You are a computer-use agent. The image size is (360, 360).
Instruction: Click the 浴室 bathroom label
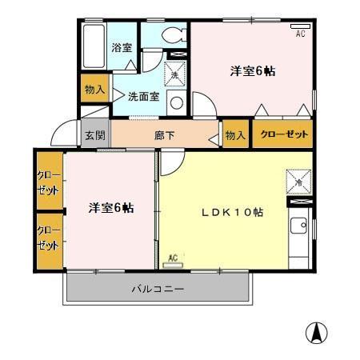click(122, 48)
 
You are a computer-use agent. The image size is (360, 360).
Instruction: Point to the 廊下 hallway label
click(165, 135)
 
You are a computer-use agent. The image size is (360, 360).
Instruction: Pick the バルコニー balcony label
click(158, 289)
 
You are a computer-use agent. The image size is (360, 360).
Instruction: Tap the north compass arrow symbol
click(318, 333)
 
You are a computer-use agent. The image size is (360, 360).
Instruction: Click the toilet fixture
click(171, 37)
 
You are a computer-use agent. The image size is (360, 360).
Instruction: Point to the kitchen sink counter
click(299, 237)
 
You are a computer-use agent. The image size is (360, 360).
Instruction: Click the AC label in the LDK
click(173, 258)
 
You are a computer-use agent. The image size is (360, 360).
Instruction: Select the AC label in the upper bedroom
click(301, 33)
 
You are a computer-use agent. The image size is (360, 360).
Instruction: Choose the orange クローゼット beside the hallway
click(284, 134)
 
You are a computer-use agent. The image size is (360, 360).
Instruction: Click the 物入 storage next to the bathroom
click(94, 90)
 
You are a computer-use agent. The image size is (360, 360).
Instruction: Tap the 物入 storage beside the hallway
click(235, 135)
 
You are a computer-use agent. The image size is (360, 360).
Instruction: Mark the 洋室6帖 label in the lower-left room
click(110, 208)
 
